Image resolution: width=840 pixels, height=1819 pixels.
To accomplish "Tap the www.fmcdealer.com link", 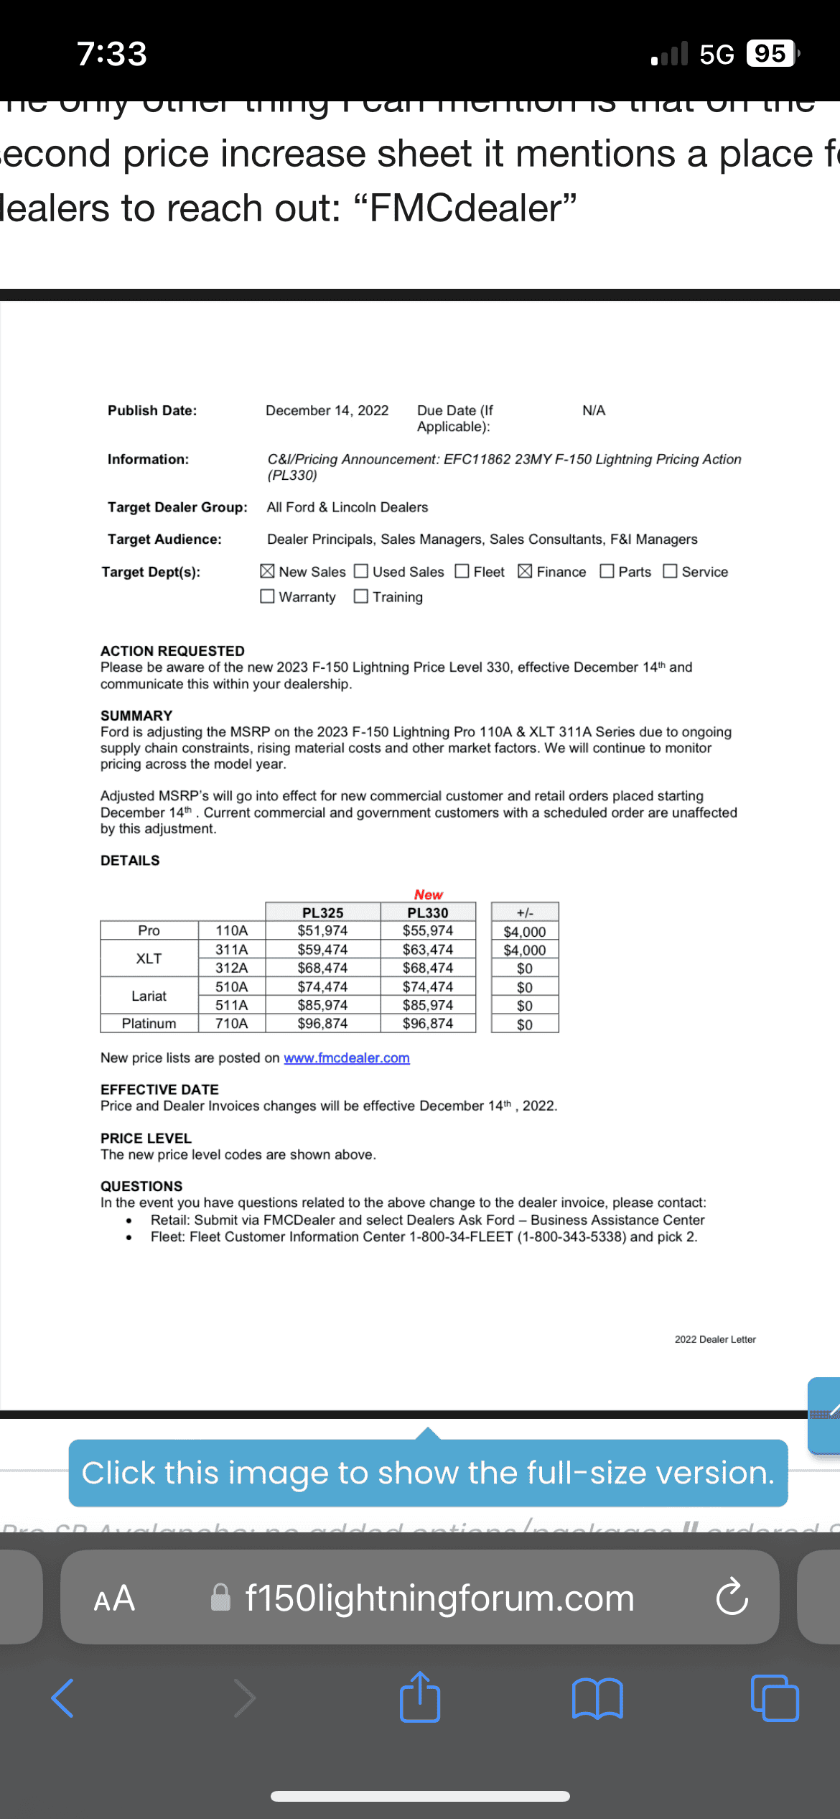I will pos(347,1058).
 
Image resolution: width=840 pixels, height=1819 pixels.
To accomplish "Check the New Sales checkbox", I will pos(267,571).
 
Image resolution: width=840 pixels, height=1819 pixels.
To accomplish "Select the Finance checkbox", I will pos(525,571).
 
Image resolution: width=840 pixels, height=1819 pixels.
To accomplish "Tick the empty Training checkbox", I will pos(361,596).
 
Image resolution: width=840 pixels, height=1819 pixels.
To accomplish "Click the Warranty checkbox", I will pos(267,596).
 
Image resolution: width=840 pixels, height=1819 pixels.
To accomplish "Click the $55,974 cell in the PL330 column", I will pos(428,930).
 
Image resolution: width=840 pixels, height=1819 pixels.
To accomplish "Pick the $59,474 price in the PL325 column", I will pos(322,949).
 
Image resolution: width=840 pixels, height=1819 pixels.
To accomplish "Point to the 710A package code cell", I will pos(231,1023).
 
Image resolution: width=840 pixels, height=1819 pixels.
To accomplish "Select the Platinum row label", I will pos(149,1023).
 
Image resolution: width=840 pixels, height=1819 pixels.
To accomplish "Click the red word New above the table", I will pos(428,894).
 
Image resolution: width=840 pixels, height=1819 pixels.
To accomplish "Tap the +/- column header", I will pos(525,912).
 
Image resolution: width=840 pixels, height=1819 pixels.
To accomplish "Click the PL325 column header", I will pos(322,912).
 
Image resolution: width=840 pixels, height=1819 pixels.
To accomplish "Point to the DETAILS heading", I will pos(130,860).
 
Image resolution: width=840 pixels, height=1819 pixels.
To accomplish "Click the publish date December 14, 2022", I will pos(327,410).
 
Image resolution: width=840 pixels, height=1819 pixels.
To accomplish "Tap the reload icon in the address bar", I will pos(732,1597).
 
